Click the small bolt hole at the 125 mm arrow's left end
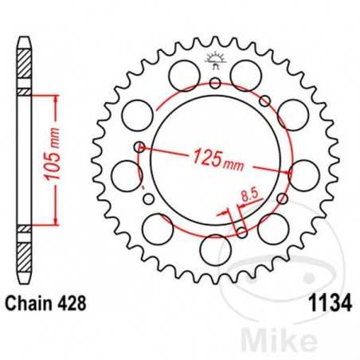pos(140,146)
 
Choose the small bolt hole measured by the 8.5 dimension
pos(241,233)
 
